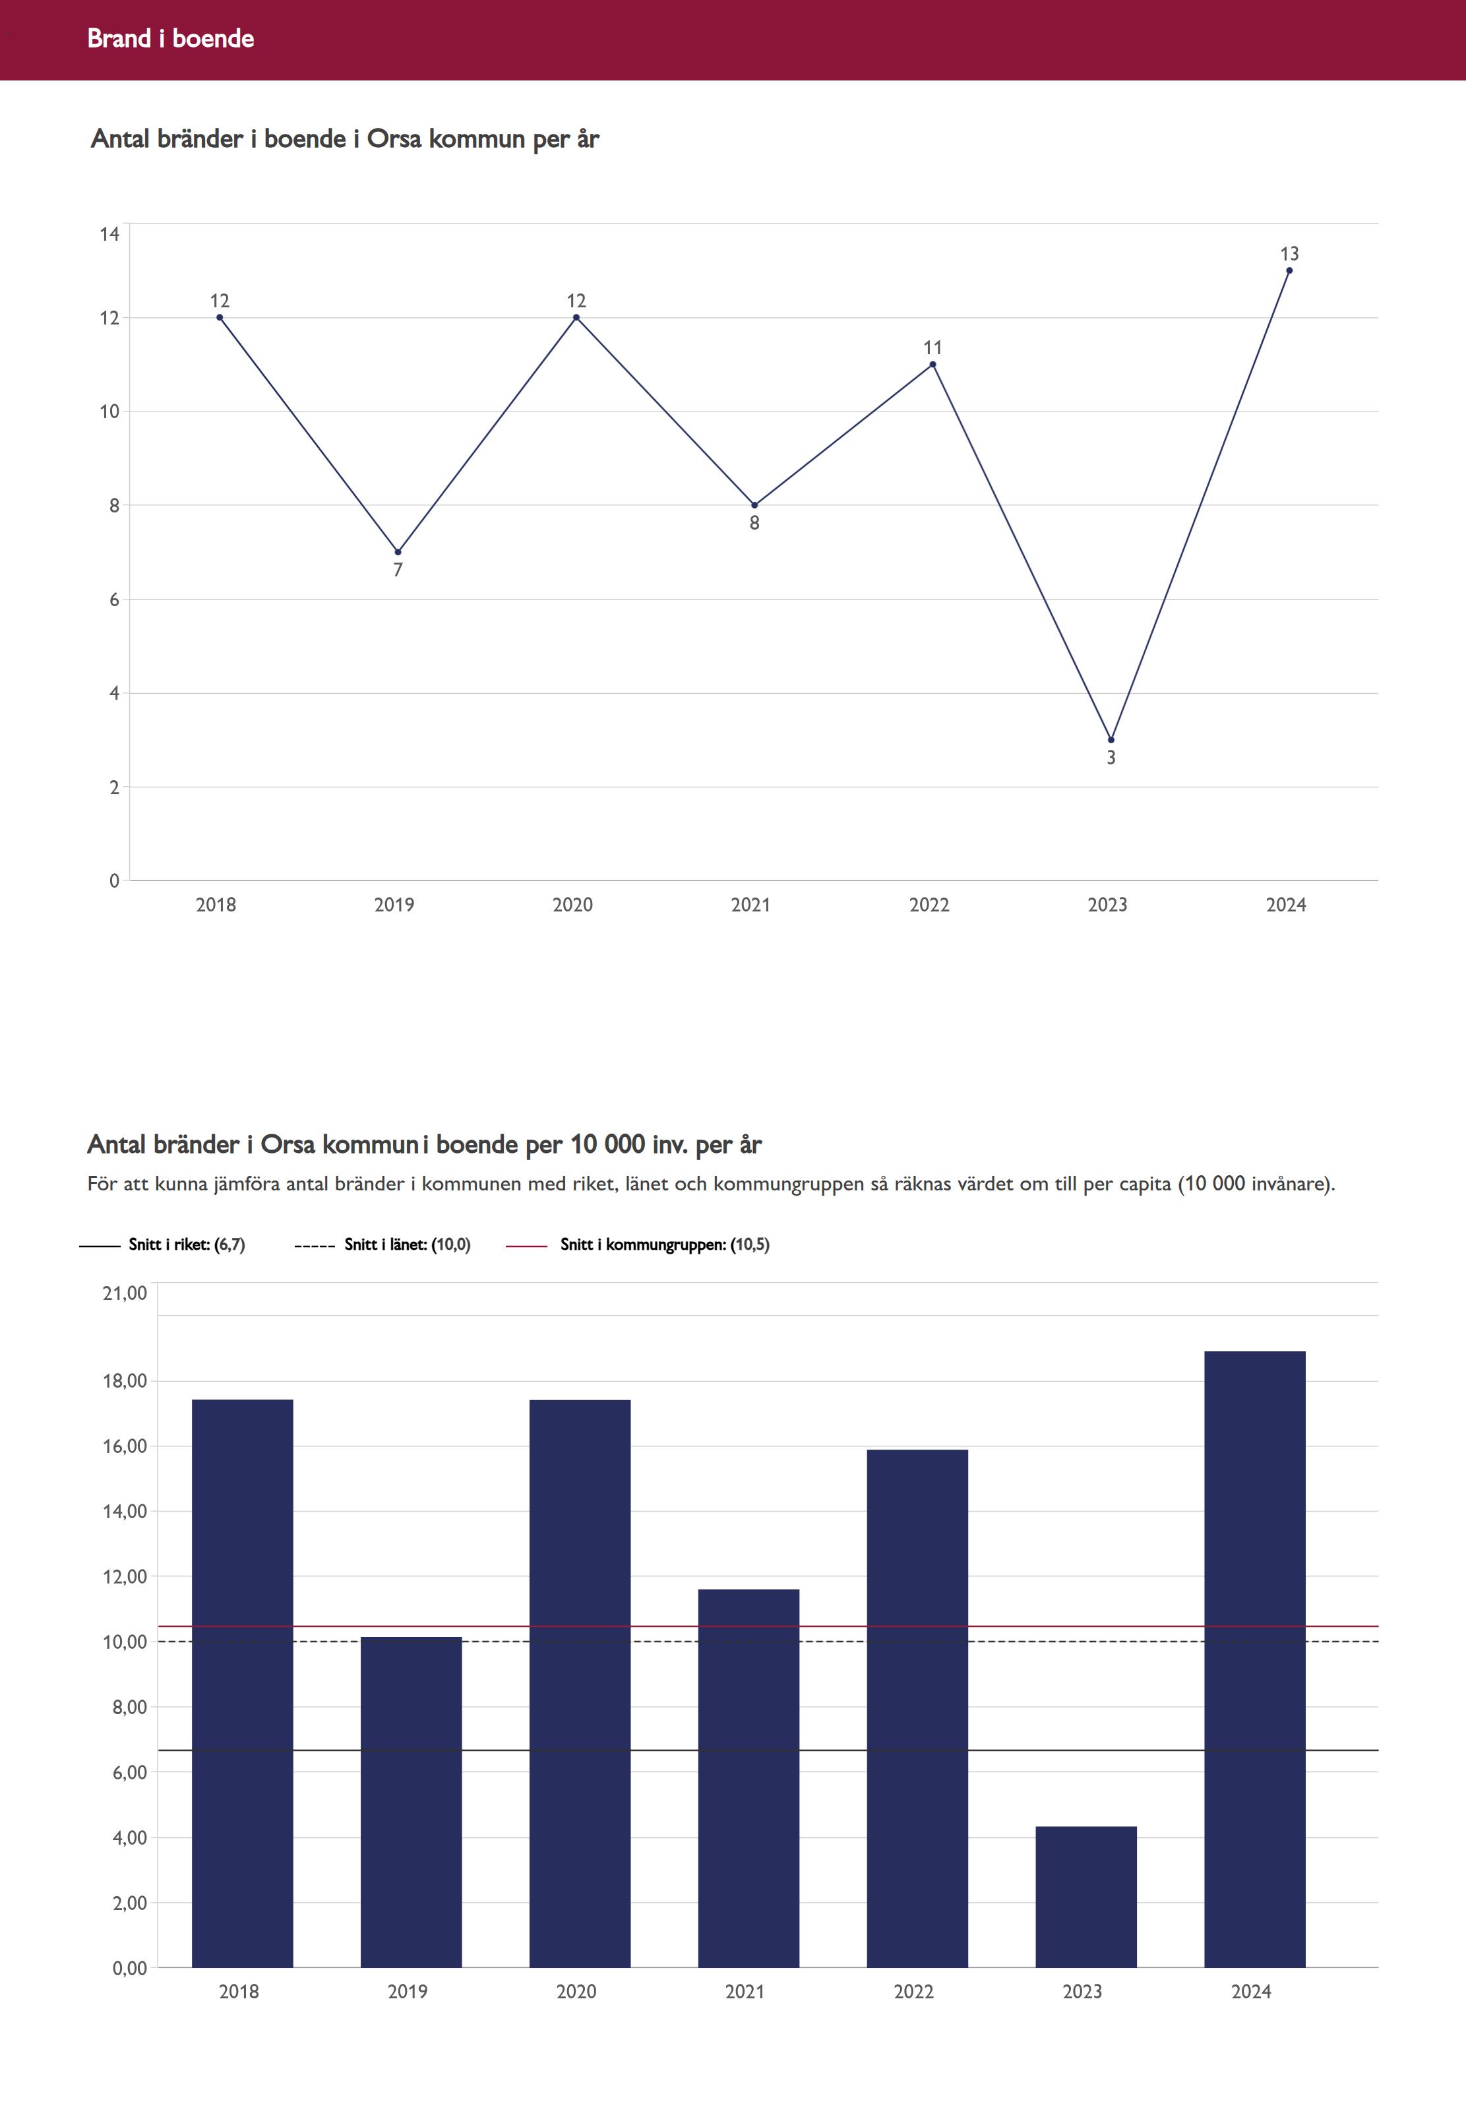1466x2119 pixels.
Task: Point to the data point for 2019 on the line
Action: click(x=398, y=552)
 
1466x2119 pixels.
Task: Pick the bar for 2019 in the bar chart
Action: click(x=411, y=1800)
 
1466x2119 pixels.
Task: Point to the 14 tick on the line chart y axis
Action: click(x=110, y=234)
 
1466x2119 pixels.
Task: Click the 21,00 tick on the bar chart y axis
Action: click(x=125, y=1293)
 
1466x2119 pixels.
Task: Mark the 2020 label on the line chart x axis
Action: click(x=572, y=905)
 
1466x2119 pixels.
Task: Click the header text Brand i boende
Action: click(x=171, y=38)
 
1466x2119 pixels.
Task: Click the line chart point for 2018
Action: click(x=220, y=318)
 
